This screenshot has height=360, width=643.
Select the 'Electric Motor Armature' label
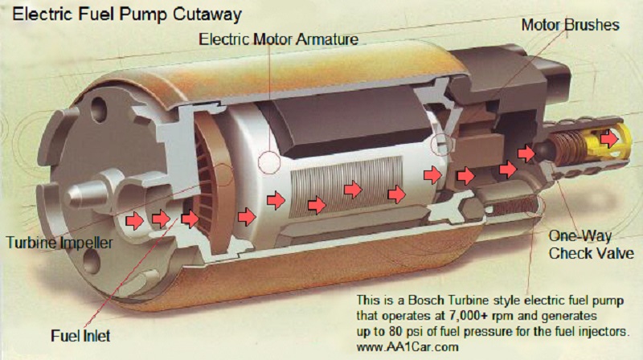tap(278, 38)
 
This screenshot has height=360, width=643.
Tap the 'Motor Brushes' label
tap(571, 25)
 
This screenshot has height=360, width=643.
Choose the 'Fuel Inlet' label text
tap(81, 334)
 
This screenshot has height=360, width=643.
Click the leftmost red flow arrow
tap(134, 219)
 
